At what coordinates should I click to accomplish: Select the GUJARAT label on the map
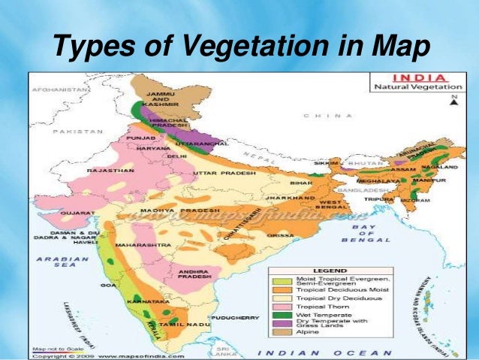78,213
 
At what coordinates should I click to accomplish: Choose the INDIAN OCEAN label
324,352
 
